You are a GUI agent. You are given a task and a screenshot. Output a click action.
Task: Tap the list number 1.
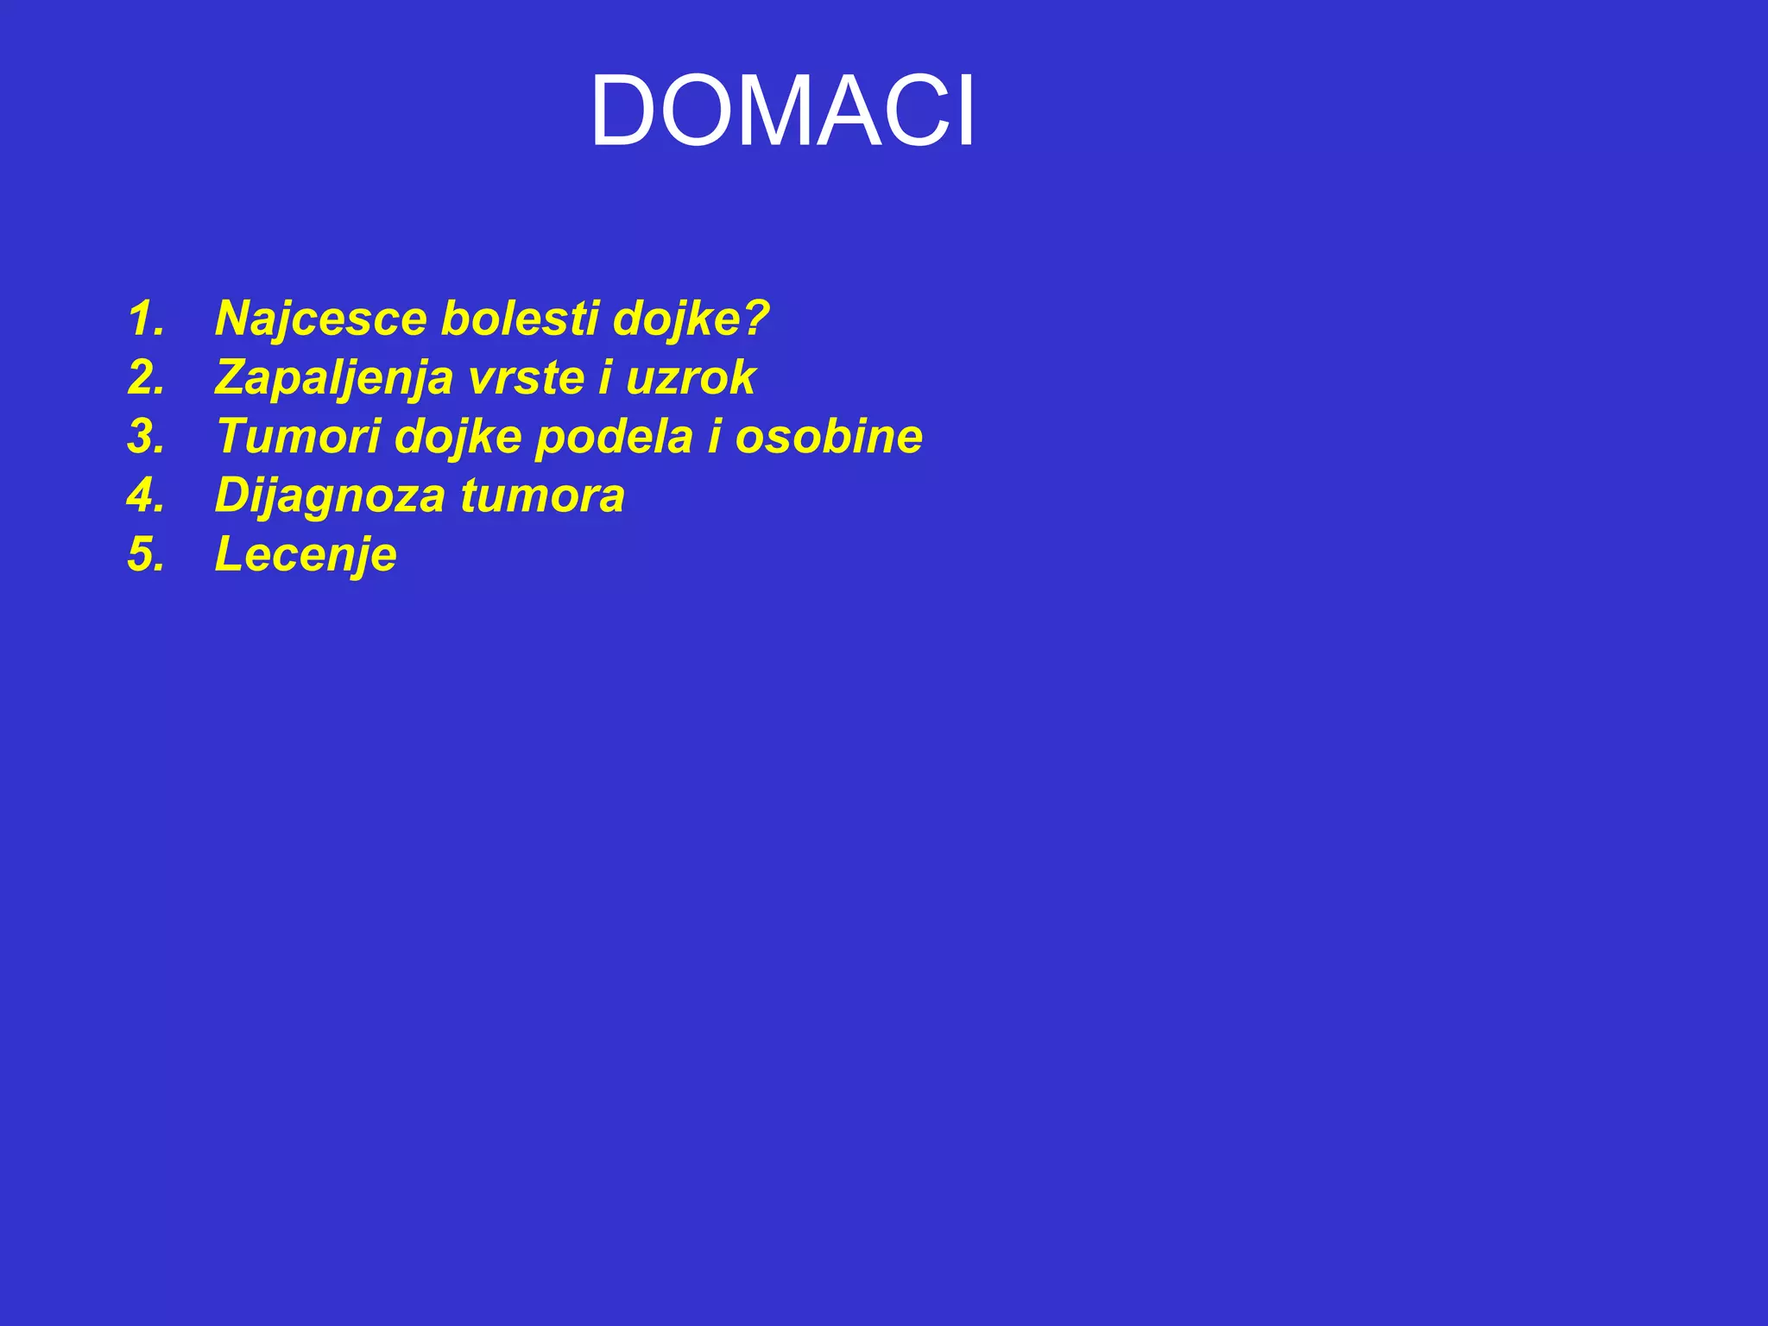pyautogui.click(x=145, y=319)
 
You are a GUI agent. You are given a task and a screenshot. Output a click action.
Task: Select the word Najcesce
pyautogui.click(x=321, y=319)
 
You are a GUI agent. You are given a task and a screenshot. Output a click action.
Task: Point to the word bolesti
pyautogui.click(x=520, y=319)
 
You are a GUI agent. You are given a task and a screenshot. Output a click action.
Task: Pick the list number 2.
pyautogui.click(x=145, y=377)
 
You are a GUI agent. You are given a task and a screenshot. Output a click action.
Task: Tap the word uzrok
pyautogui.click(x=691, y=377)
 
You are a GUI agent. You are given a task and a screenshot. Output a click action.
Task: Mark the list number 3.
pyautogui.click(x=145, y=436)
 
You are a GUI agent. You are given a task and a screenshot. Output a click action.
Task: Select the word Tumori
pyautogui.click(x=299, y=436)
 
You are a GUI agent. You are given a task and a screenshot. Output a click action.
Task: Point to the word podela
pyautogui.click(x=614, y=436)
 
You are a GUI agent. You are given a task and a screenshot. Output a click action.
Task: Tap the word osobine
pyautogui.click(x=829, y=436)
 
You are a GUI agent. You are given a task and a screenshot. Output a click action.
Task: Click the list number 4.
pyautogui.click(x=145, y=496)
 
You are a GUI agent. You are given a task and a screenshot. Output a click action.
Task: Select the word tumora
pyautogui.click(x=542, y=496)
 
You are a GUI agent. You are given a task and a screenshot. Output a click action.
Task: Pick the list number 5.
pyautogui.click(x=145, y=554)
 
